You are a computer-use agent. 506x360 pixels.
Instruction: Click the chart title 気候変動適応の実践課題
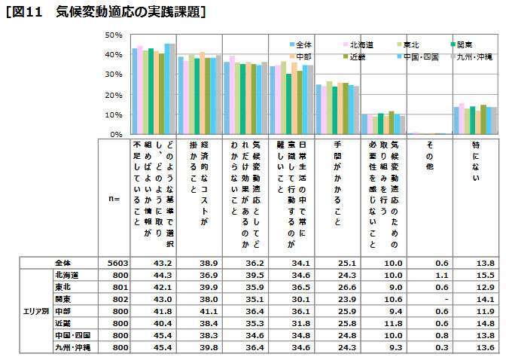(x=131, y=12)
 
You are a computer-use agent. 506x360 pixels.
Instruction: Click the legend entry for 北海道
(x=361, y=45)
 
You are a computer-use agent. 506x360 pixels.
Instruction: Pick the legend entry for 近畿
(x=361, y=56)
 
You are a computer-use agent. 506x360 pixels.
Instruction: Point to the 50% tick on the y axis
(x=114, y=35)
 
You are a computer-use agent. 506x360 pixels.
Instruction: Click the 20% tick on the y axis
(x=114, y=94)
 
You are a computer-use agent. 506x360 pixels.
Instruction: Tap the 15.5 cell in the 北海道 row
(x=473, y=275)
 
